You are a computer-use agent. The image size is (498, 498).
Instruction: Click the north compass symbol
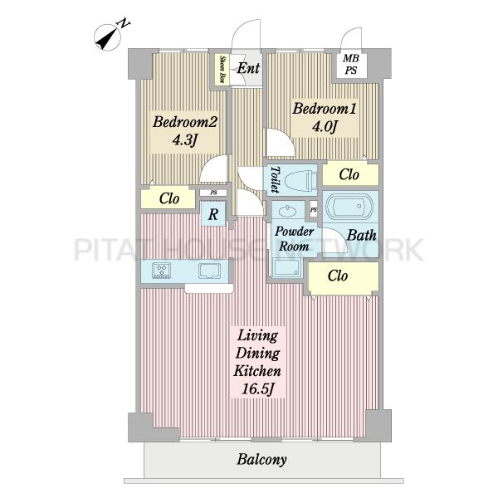pos(109,37)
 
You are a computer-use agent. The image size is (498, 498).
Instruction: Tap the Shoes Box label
pos(223,69)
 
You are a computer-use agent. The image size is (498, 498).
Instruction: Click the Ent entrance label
pos(248,68)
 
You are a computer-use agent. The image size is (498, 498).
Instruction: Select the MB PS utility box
pos(350,65)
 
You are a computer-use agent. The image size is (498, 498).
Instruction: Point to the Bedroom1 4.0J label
pos(325,118)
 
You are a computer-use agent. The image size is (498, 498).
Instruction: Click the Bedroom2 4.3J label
pos(185,131)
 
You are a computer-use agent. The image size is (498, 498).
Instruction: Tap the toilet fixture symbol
pos(300,181)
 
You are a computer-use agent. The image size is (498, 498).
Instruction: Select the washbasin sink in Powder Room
pos(288,210)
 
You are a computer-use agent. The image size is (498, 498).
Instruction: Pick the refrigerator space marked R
pos(213,214)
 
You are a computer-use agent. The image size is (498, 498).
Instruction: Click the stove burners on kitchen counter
pos(161,271)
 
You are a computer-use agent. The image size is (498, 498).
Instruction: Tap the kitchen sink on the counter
pos(209,271)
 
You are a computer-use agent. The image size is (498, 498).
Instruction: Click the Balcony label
pos(261,460)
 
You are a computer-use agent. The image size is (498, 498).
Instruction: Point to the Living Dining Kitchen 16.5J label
pos(257,363)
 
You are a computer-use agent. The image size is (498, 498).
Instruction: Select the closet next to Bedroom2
pos(168,199)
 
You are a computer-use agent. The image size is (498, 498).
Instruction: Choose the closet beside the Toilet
pos(350,174)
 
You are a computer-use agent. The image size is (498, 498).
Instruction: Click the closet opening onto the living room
pos(344,276)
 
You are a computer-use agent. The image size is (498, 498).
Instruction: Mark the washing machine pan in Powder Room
pos(286,268)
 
